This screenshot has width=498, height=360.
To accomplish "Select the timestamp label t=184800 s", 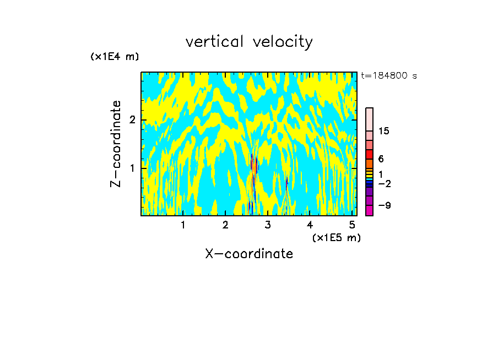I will click(389, 76).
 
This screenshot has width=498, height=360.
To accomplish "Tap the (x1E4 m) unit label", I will click(115, 57).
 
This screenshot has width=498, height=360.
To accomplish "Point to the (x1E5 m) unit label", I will click(336, 237).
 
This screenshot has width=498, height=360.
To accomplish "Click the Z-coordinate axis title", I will click(116, 143).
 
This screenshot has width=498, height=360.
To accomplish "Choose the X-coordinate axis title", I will click(249, 254).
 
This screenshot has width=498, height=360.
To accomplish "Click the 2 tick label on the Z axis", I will click(132, 120).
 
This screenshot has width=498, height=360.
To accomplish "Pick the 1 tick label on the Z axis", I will click(132, 167).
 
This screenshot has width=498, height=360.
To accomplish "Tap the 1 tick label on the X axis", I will click(183, 225).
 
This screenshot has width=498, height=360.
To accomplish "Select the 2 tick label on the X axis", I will click(225, 225).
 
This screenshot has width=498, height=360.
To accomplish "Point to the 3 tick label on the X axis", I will click(268, 225).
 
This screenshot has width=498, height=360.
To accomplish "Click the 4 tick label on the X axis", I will click(310, 225).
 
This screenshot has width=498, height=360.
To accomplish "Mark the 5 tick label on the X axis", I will click(353, 225).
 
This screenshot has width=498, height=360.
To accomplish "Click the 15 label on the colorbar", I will click(384, 131).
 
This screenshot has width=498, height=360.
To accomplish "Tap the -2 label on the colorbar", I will click(384, 183).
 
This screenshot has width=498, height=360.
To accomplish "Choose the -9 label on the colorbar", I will click(384, 205).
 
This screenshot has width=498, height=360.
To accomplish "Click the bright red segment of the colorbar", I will click(369, 154).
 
